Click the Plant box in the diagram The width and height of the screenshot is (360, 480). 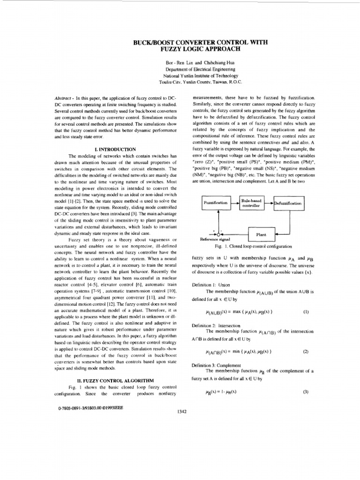261,233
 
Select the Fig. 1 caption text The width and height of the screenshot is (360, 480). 253,246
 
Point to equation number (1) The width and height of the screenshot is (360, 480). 306,311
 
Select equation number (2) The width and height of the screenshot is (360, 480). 306,351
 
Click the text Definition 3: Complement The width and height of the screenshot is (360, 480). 216,365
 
